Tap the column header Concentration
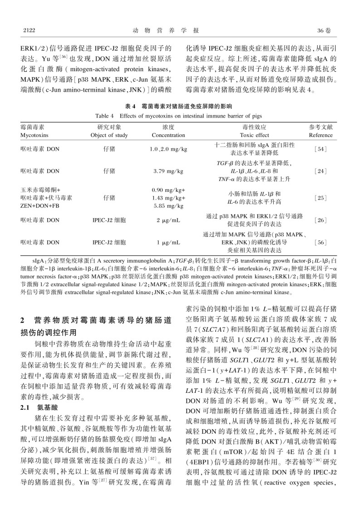coord(168,135)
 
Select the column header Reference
coord(321,135)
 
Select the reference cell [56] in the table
coord(321,243)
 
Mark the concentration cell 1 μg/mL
coord(168,243)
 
